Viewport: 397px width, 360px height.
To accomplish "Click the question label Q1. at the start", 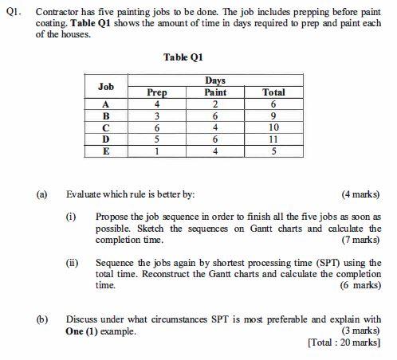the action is [14, 14].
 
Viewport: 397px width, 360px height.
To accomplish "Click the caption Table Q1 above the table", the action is [183, 57].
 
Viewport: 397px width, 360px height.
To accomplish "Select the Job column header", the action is [106, 86].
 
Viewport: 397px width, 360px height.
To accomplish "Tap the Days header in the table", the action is [215, 80].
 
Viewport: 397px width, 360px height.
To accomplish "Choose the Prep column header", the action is [157, 92].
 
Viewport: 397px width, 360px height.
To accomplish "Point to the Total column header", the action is [273, 92].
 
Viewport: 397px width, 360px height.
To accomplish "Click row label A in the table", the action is [106, 104].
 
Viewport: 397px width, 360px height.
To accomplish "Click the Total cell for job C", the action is [273, 127].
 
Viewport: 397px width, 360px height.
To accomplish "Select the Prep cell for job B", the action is [157, 115].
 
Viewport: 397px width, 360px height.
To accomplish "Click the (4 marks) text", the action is [360, 194].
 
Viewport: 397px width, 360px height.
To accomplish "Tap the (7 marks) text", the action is [360, 240].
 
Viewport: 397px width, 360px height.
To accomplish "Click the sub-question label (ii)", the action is [72, 262].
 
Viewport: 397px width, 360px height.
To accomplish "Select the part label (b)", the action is [41, 319].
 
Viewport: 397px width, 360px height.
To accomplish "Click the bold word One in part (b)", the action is [75, 331].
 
